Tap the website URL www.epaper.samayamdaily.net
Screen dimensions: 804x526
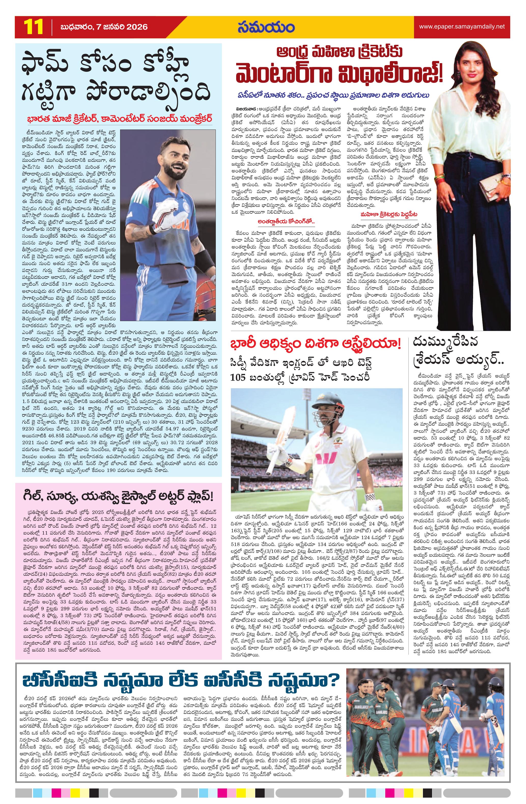(462, 26)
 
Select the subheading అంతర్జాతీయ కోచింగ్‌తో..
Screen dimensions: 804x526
(286, 222)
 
